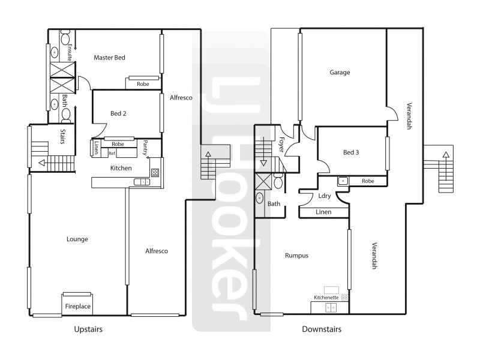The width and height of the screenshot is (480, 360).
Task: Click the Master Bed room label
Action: pyautogui.click(x=109, y=58)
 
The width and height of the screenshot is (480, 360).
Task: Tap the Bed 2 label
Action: pyautogui.click(x=118, y=113)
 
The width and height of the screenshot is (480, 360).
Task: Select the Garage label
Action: pyautogui.click(x=340, y=73)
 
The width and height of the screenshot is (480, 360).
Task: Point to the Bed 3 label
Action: pyautogui.click(x=351, y=152)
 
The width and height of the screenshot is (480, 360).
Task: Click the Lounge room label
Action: pyautogui.click(x=78, y=239)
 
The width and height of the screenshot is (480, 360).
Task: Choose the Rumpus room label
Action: pyautogui.click(x=296, y=255)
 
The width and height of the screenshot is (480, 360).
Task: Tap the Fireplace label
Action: pyautogui.click(x=78, y=307)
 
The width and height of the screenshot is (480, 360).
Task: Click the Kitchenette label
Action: pyautogui.click(x=326, y=297)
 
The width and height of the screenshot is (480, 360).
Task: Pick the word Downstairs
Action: pyautogui.click(x=322, y=329)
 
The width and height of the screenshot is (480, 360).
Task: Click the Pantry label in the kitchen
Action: pyautogui.click(x=146, y=148)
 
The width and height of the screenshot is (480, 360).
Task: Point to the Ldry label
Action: pyautogui.click(x=325, y=196)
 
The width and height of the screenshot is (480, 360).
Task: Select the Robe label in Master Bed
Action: pyautogui.click(x=143, y=84)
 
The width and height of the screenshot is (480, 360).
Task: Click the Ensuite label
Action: pyautogui.click(x=70, y=52)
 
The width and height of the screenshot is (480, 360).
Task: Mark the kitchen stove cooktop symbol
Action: pyautogui.click(x=155, y=172)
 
